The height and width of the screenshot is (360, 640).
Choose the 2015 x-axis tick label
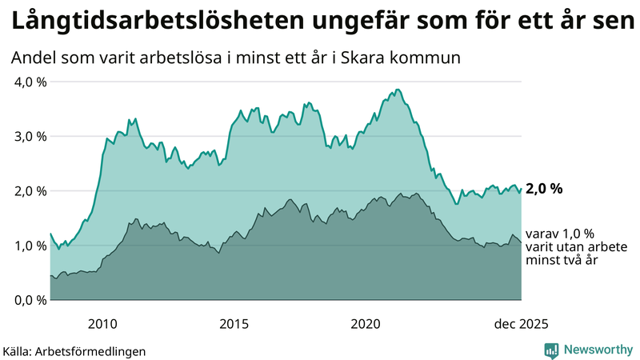[x=234, y=324]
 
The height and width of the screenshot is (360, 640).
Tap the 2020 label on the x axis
[x=366, y=324]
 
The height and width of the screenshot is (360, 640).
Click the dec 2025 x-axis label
[x=521, y=324]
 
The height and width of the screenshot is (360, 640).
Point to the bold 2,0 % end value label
[x=544, y=190]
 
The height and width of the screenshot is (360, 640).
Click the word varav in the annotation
[x=542, y=233]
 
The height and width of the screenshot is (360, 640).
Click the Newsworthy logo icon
[x=551, y=350]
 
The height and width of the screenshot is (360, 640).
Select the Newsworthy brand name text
[x=597, y=350]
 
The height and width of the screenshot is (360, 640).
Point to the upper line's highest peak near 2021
[x=398, y=90]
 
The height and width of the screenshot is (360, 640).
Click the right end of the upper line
[x=521, y=190]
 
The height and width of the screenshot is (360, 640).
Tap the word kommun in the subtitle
[x=437, y=58]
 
